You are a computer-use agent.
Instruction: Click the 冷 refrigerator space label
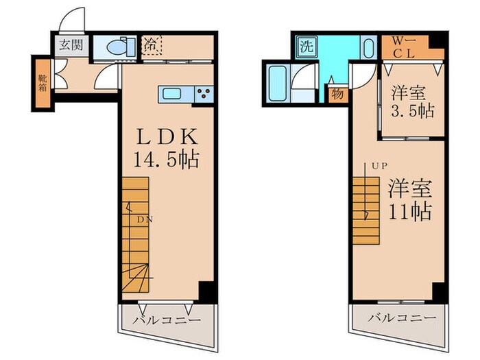(x=150, y=46)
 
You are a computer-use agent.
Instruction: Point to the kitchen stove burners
(x=204, y=93)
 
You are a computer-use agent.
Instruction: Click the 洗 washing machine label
(x=304, y=47)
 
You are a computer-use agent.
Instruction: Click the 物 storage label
(x=337, y=94)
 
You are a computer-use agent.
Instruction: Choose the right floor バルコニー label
(x=400, y=319)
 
